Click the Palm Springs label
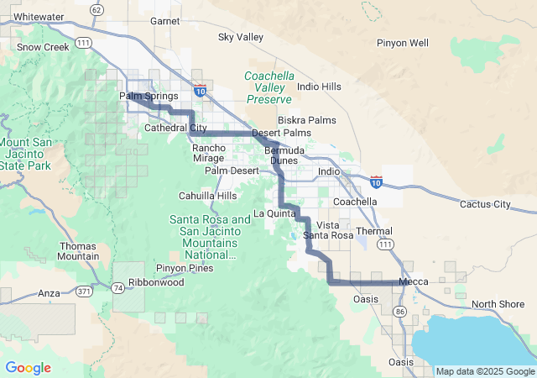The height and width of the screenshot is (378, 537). pos(149,96)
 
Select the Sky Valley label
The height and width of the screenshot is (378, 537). pos(240,37)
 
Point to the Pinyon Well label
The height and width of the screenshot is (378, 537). pos(403,43)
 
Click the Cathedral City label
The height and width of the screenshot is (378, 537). pos(175,129)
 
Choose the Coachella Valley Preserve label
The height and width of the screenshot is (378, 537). pos(269,87)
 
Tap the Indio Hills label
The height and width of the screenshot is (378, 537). pos(320,87)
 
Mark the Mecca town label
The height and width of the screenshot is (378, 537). pos(414,282)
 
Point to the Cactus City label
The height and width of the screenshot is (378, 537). pos(485,204)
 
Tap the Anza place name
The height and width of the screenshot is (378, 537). pos(49,293)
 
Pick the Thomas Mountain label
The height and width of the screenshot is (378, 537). pos(79,251)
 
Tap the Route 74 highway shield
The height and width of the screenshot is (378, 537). pos(119,287)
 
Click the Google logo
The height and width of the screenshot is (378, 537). pos(28,368)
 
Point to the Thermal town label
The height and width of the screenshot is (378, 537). pos(373,231)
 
